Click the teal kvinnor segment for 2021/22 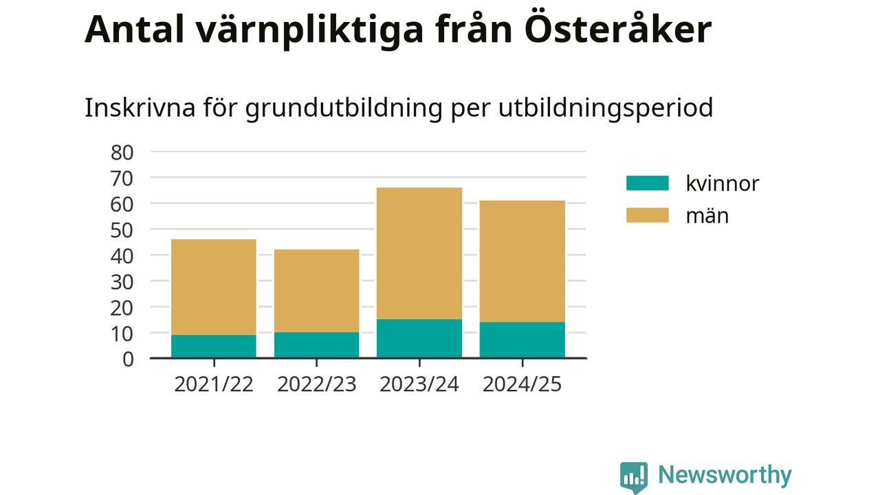tap(213, 346)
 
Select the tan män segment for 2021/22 tap(213, 287)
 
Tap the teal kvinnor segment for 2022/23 tap(316, 344)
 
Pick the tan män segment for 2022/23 tap(316, 291)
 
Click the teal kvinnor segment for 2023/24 tap(419, 338)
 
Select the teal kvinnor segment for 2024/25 tap(522, 340)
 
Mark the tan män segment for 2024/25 tap(522, 261)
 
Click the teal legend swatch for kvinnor tap(647, 183)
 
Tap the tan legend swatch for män tap(647, 215)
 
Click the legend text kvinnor tap(722, 184)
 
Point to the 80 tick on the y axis tap(122, 152)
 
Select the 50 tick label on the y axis tap(122, 230)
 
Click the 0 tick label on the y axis tap(127, 359)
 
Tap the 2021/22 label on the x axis tap(213, 384)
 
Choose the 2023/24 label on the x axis tap(419, 384)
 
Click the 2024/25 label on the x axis tap(522, 384)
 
